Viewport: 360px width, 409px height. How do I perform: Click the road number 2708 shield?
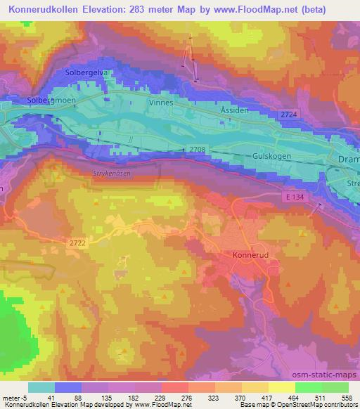(x=198, y=148)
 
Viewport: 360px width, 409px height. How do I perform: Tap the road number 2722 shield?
(x=78, y=242)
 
